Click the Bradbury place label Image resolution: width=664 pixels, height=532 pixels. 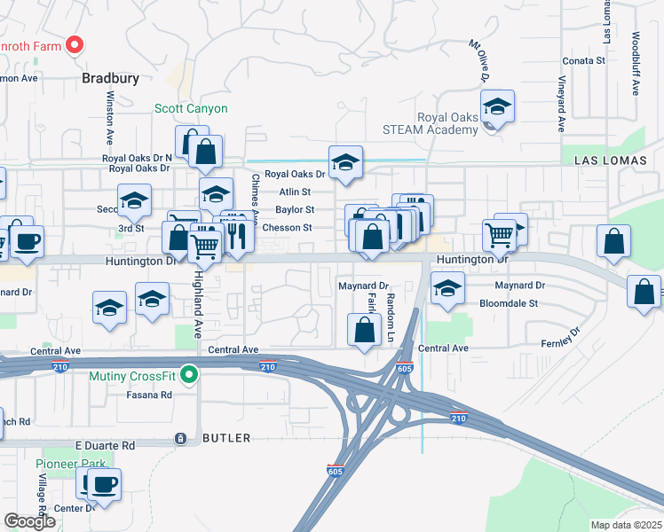click(111, 78)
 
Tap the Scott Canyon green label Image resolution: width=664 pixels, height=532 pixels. click(191, 109)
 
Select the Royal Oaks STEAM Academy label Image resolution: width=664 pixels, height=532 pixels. click(447, 123)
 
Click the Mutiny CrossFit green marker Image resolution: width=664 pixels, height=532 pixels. click(188, 376)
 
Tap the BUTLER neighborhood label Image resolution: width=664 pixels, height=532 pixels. click(226, 438)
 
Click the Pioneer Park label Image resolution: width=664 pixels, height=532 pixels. click(70, 464)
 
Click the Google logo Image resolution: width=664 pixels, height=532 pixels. click(29, 521)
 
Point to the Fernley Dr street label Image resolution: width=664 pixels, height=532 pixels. click(561, 337)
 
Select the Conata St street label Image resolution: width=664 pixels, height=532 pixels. click(583, 61)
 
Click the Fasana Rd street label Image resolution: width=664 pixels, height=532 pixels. click(148, 395)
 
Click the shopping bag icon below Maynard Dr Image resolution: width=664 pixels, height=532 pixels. click(364, 331)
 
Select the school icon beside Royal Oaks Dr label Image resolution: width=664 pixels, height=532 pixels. click(345, 162)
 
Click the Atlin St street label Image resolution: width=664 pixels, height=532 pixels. click(295, 192)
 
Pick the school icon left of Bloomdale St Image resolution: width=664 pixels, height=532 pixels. click(447, 288)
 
